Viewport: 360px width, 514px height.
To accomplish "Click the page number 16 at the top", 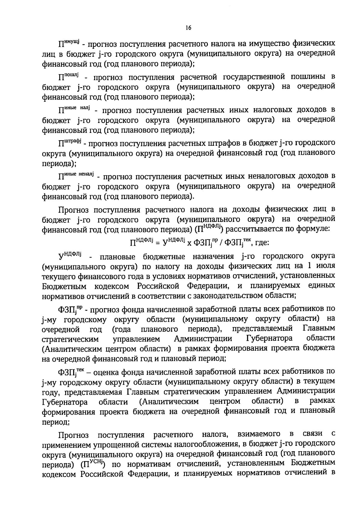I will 188,28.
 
